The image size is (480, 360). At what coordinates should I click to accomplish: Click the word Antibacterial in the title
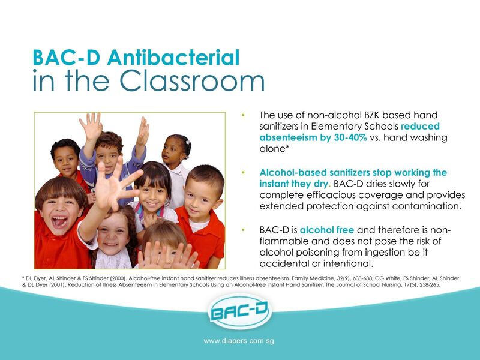(173, 57)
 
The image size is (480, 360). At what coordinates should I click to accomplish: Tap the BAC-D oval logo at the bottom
(239, 311)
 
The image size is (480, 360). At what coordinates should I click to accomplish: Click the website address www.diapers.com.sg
(239, 341)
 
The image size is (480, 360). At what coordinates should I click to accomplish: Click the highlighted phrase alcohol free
(327, 230)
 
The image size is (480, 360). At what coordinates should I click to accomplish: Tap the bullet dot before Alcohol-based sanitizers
(244, 173)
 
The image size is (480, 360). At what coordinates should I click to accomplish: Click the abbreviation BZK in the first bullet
(371, 115)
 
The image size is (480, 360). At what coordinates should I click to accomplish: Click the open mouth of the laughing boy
(59, 221)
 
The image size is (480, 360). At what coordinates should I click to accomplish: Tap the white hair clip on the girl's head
(187, 142)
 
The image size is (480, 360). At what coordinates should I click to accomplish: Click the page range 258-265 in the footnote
(432, 284)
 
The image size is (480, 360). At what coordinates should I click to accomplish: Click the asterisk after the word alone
(287, 146)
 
